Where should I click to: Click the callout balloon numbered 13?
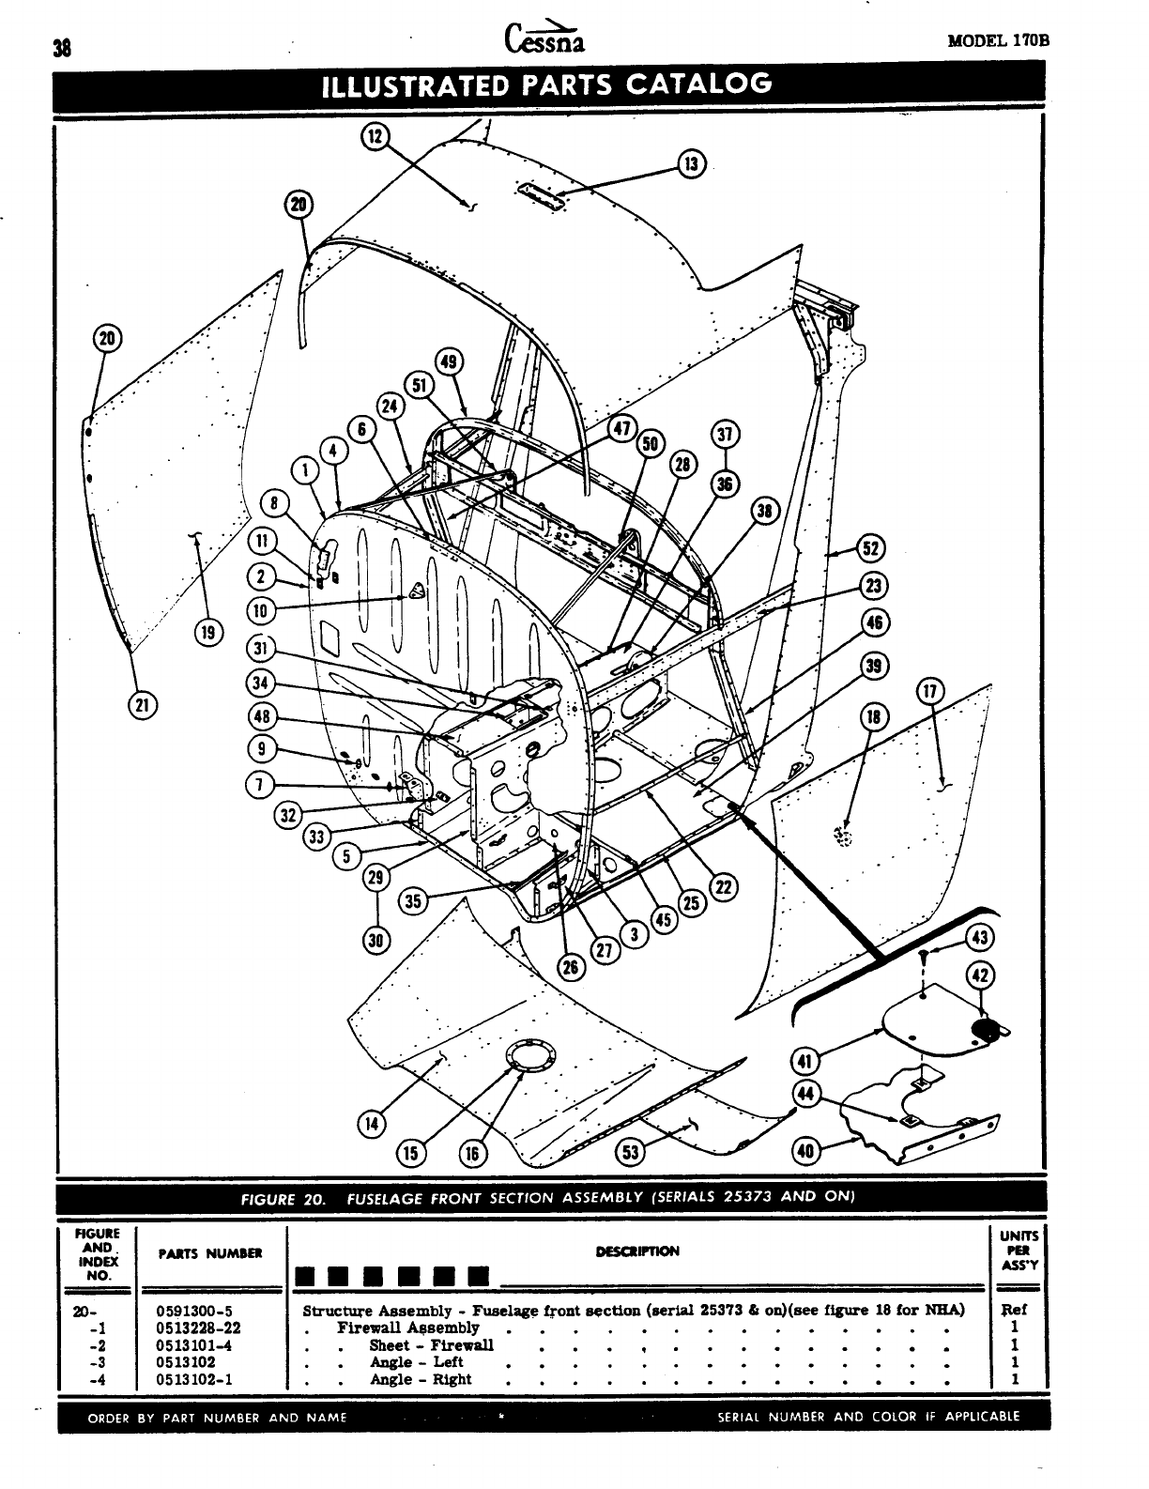coord(692,164)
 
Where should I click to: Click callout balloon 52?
coord(872,549)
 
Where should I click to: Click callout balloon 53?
coord(628,1154)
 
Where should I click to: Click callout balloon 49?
coord(450,362)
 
